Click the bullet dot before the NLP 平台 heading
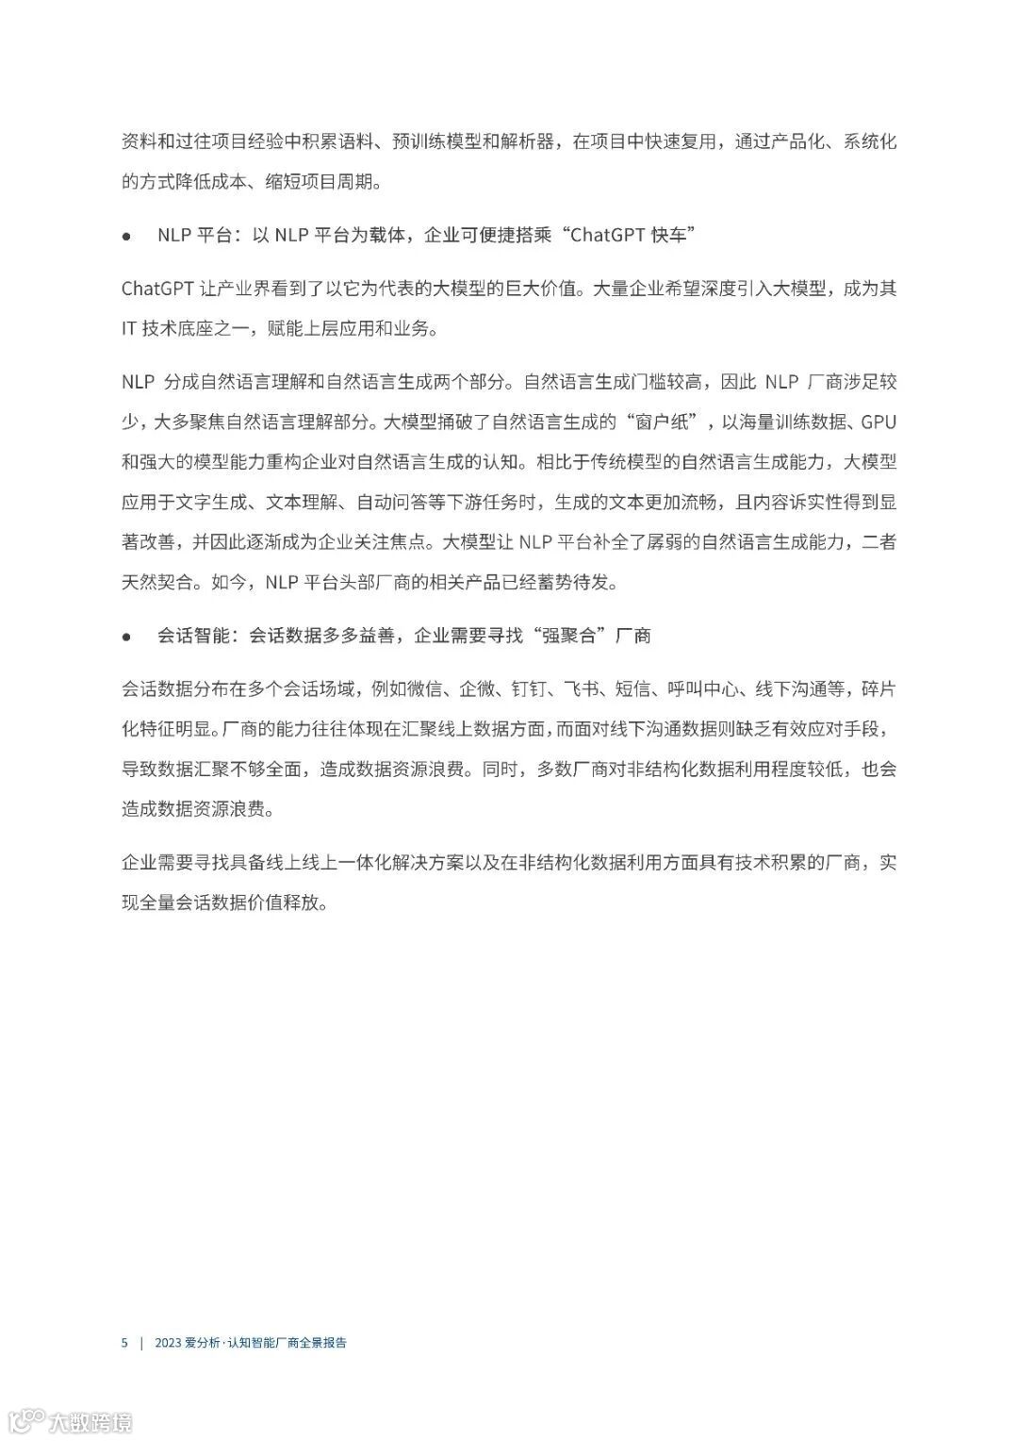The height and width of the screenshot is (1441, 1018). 126,236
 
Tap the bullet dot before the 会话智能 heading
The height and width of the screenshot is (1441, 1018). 126,637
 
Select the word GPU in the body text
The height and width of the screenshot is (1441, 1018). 878,422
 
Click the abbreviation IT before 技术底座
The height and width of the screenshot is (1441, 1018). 129,328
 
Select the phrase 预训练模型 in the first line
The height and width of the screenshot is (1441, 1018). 436,142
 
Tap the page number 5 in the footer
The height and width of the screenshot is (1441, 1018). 124,1342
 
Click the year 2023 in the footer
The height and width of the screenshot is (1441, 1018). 168,1342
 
